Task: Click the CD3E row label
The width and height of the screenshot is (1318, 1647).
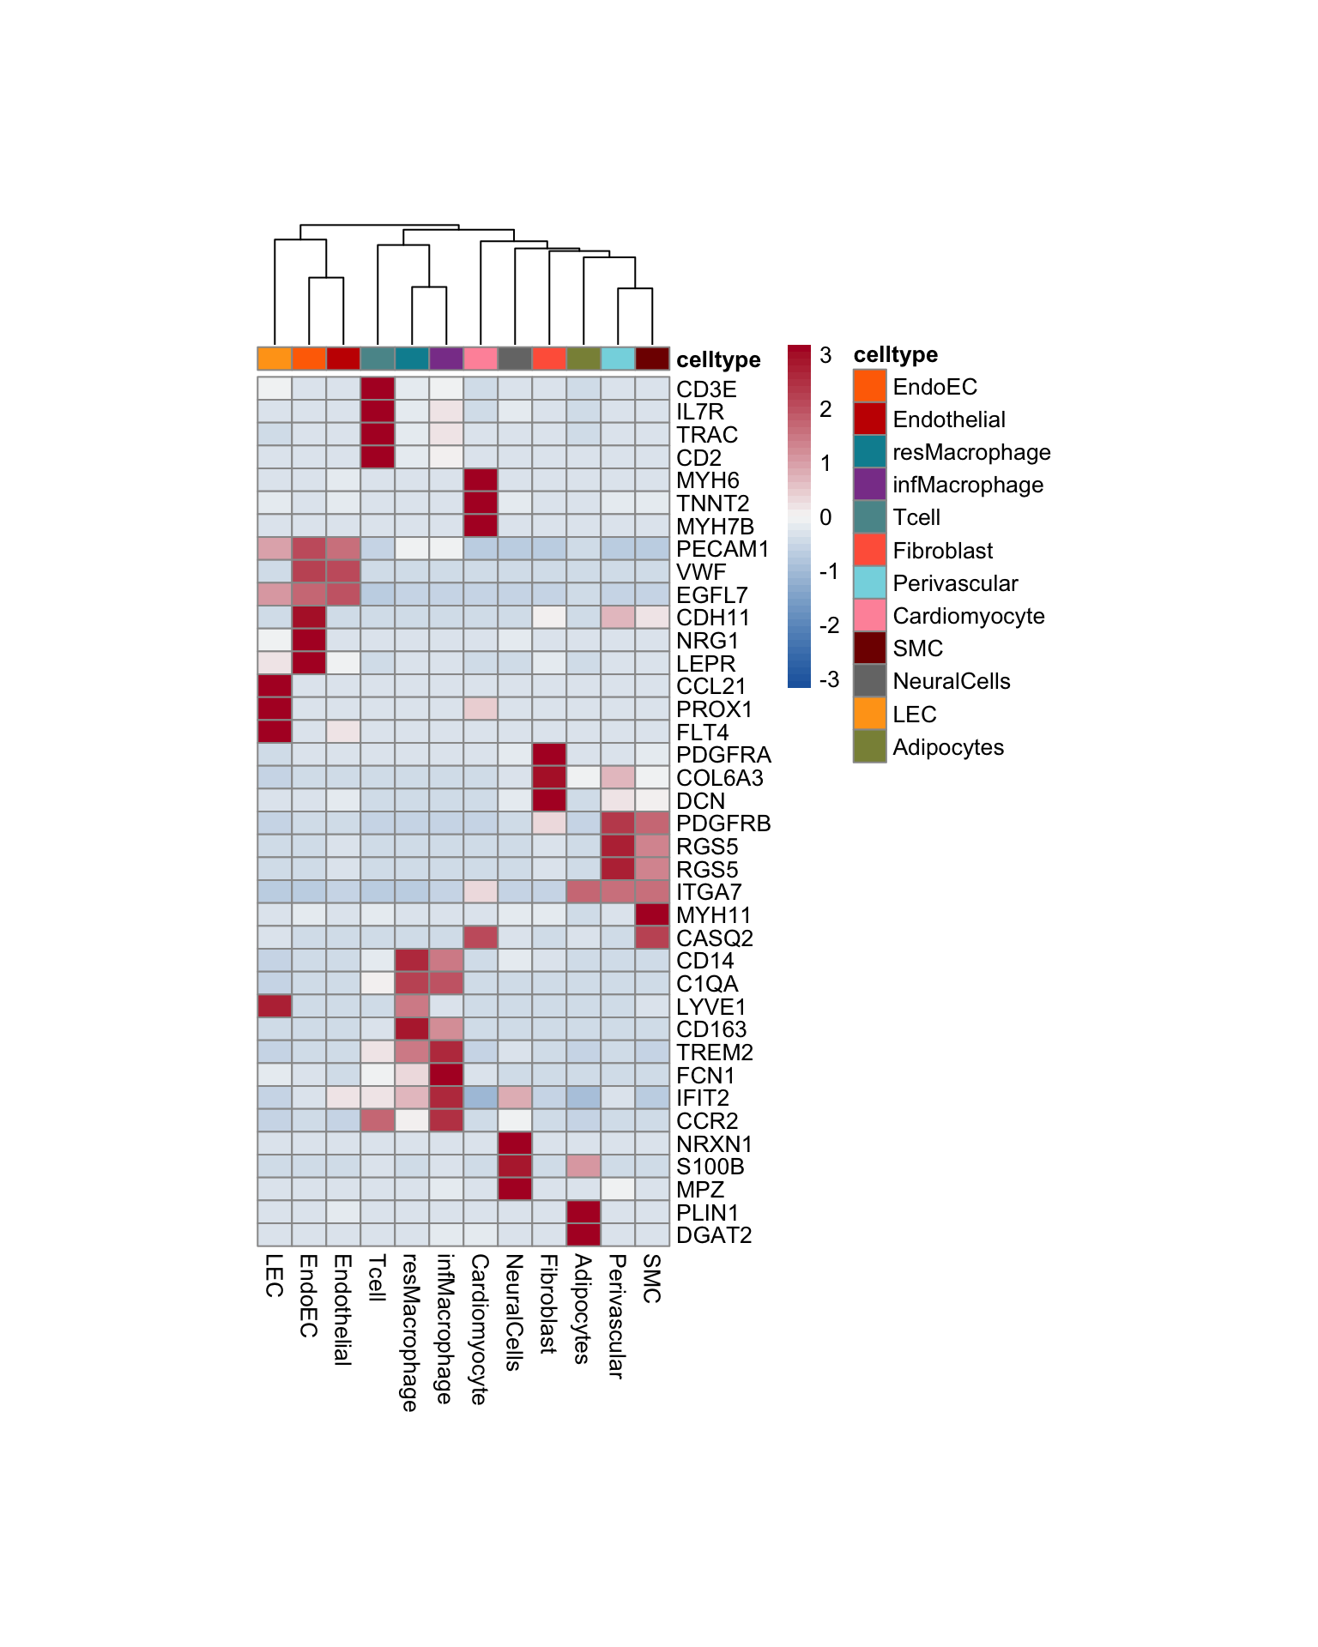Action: (706, 389)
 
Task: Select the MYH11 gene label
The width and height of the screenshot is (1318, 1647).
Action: (713, 915)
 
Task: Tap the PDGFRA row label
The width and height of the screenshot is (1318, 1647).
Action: (723, 755)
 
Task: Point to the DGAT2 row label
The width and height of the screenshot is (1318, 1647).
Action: (714, 1235)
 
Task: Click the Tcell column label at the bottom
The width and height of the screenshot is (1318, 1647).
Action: (377, 1278)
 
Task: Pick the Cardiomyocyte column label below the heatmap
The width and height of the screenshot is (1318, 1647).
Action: (480, 1329)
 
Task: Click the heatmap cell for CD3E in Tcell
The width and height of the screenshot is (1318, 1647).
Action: (378, 389)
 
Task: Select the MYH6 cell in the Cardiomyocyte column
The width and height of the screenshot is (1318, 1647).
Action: (481, 480)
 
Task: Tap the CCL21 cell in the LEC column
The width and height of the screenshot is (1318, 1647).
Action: (275, 686)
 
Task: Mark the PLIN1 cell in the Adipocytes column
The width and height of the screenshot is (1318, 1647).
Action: (583, 1212)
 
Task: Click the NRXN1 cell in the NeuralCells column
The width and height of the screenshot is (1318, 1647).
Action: (515, 1143)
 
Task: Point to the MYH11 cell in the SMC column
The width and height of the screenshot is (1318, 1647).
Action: (652, 915)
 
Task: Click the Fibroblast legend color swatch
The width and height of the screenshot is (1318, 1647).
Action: (869, 550)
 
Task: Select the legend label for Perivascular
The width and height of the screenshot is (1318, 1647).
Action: (955, 583)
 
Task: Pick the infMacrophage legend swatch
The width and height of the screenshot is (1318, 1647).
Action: (869, 484)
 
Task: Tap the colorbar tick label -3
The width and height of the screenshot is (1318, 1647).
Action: (829, 679)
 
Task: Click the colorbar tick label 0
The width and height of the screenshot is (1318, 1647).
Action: (825, 517)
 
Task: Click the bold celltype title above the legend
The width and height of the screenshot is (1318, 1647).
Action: (895, 354)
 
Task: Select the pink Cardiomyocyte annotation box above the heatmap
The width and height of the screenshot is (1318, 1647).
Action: (481, 359)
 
